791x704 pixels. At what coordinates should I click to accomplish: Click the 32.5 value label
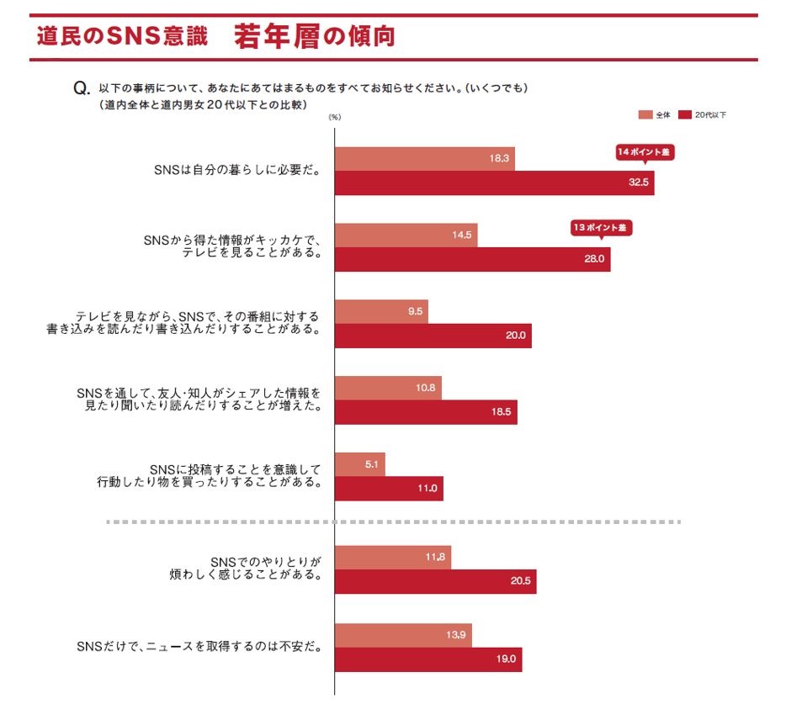[637, 183]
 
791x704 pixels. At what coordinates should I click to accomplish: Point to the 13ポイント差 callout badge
[601, 228]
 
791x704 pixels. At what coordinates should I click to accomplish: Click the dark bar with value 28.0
[472, 259]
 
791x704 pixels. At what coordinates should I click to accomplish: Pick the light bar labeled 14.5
[406, 235]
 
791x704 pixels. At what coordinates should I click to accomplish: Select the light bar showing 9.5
[381, 311]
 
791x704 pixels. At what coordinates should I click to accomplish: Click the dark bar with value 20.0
[433, 336]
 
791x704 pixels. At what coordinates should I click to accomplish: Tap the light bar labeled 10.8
[388, 388]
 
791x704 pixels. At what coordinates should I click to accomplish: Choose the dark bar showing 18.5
[426, 412]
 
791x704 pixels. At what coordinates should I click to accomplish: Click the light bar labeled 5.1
[360, 464]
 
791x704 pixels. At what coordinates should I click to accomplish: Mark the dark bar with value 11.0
[389, 489]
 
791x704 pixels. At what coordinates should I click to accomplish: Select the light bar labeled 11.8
[393, 557]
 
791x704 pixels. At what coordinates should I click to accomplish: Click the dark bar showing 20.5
[435, 581]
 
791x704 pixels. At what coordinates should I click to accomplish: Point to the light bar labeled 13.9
[403, 634]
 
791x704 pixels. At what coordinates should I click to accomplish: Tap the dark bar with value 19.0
[428, 659]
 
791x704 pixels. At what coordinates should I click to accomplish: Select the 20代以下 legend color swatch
[685, 114]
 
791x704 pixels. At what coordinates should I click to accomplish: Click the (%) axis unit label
[335, 118]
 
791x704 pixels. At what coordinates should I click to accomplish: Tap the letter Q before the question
[82, 88]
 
